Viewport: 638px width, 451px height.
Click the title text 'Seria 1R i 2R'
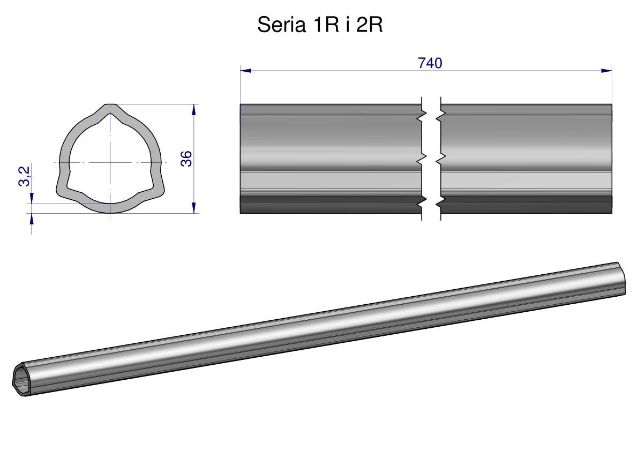pos(320,25)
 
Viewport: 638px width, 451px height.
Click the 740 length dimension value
pos(430,63)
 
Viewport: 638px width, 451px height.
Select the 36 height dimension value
pos(186,158)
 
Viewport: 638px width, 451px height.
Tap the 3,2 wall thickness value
pos(25,176)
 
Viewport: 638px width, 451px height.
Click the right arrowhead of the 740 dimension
pos(606,71)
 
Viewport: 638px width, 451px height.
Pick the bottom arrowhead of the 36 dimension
pos(194,207)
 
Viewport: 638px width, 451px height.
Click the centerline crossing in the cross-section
pos(110,163)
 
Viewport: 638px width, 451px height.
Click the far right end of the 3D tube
pos(621,278)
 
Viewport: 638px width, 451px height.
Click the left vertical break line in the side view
pos(422,159)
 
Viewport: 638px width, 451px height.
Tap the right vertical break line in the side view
pos(441,159)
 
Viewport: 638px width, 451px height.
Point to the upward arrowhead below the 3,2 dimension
pos(32,219)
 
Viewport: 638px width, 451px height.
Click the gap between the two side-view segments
pos(431,159)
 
